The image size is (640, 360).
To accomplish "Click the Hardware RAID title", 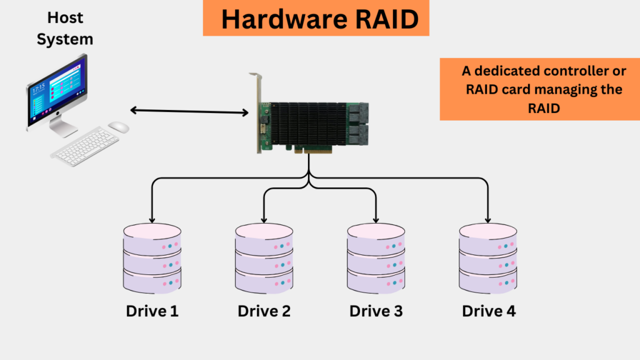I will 319,19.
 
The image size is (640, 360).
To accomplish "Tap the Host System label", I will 64,27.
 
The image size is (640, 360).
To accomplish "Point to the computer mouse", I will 118,127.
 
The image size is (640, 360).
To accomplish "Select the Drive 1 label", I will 152,311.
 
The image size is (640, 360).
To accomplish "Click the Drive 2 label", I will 264,311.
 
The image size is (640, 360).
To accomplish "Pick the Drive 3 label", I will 376,311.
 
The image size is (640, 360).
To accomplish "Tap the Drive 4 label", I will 489,311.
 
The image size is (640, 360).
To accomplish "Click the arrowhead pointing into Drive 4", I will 487,219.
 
